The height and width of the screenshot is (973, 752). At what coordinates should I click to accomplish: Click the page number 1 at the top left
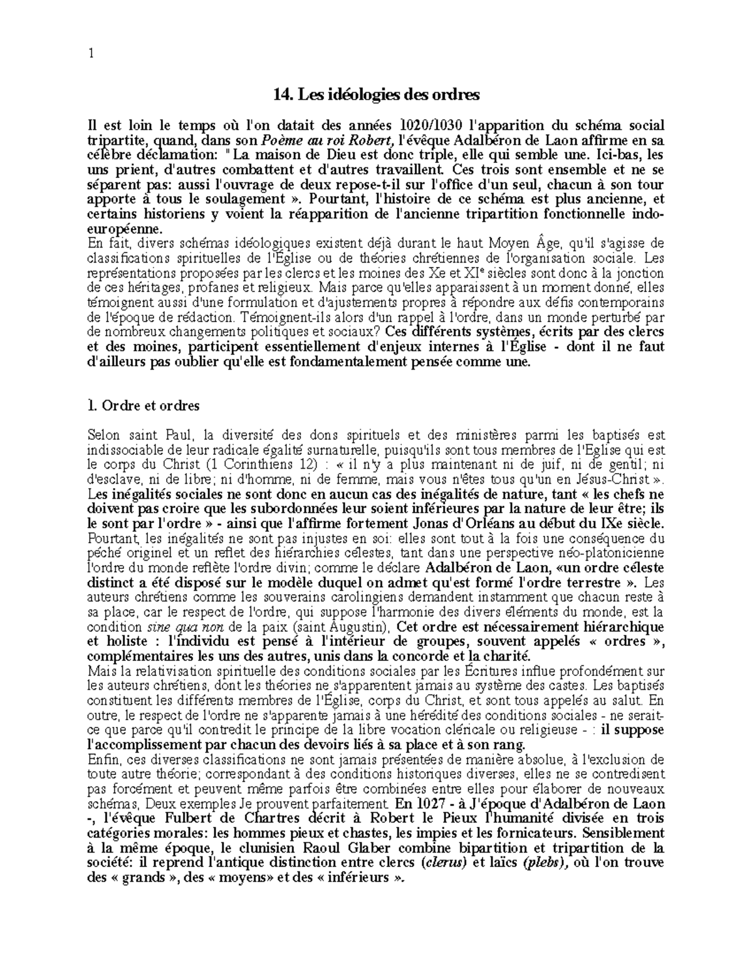pyautogui.click(x=91, y=53)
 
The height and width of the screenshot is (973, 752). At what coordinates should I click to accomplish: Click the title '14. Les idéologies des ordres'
pyautogui.click(x=376, y=95)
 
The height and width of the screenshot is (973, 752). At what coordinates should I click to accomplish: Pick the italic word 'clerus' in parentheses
pyautogui.click(x=446, y=863)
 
